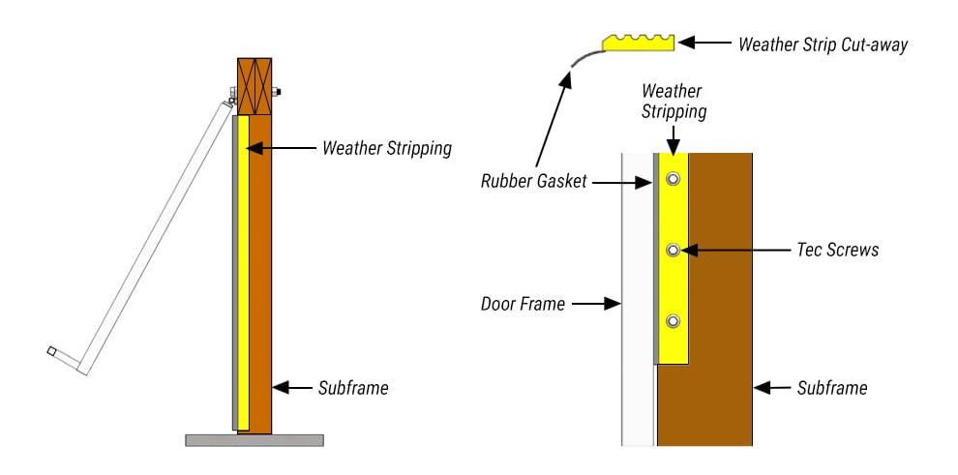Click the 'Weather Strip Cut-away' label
pos(823,45)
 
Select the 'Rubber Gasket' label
pos(533,181)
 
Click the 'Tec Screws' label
pos(840,250)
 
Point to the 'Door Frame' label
pos(523,304)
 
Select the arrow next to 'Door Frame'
pos(595,304)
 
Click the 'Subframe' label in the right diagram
pos(832,388)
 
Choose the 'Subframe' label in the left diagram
pos(353,388)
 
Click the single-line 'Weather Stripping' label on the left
pos(387,148)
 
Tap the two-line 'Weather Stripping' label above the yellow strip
pos(674,101)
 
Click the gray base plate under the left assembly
pos(254,440)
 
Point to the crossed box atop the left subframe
pos(254,87)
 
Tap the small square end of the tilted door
pos(51,350)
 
